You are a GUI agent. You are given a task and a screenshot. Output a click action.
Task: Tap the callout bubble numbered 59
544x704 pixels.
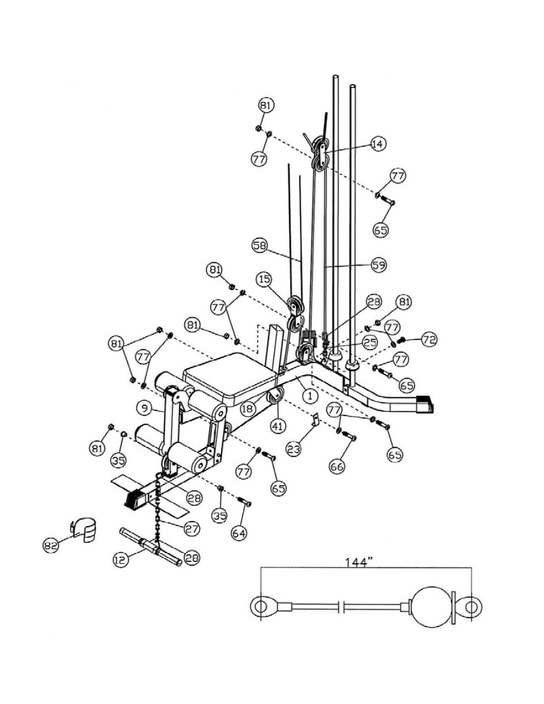coord(377,265)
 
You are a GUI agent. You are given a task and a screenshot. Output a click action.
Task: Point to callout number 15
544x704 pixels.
coord(263,280)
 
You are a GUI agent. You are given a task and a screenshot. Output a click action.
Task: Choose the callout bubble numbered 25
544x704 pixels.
coord(370,342)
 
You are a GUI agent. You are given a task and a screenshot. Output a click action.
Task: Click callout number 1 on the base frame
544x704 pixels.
coord(310,394)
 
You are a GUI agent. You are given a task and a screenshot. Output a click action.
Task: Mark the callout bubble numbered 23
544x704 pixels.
coord(293,449)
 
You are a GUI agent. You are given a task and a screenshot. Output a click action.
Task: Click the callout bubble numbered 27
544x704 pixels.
coord(192,528)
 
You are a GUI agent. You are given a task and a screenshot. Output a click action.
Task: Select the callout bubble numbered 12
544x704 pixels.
coord(120,560)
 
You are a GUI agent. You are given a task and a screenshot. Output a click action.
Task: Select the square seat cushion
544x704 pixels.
coord(228,376)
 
